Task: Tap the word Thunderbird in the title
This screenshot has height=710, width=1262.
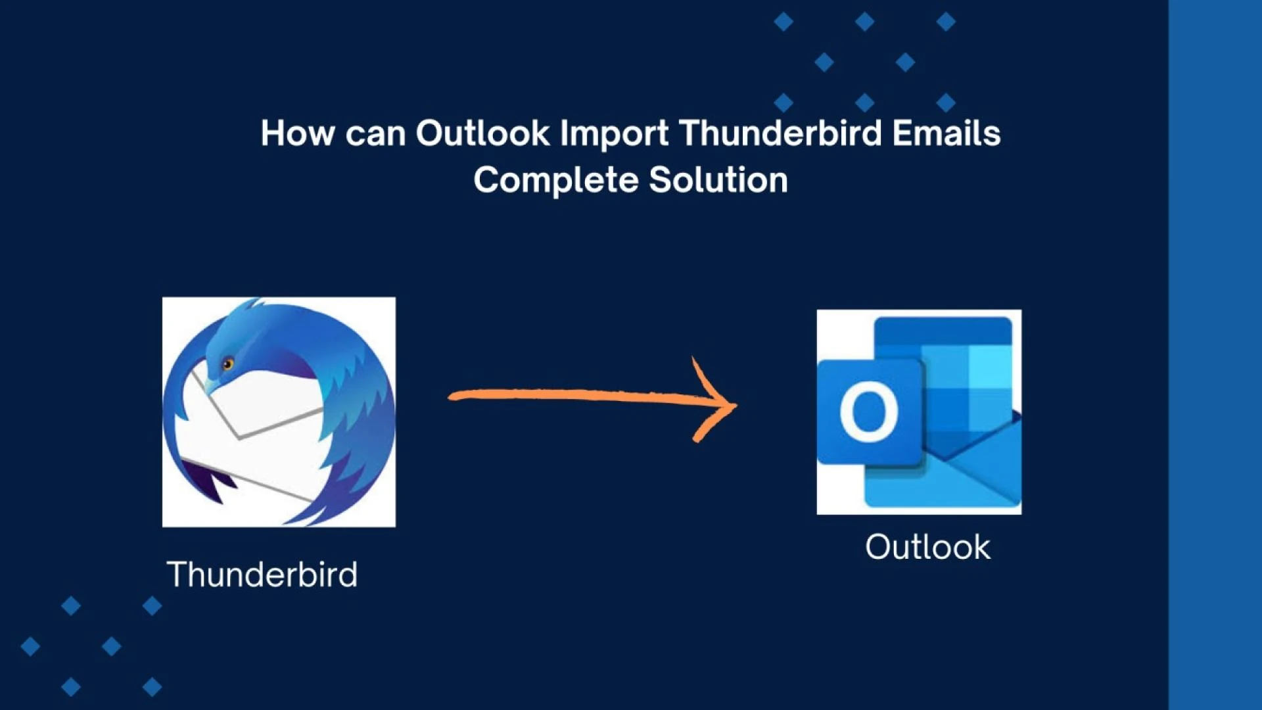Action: (780, 133)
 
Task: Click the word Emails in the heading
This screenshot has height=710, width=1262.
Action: (946, 133)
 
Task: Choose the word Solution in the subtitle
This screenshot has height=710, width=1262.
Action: (718, 180)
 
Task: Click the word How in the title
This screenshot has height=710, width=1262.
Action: (297, 133)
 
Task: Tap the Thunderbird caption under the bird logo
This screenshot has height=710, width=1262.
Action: (262, 575)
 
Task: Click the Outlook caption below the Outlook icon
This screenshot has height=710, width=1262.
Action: (927, 547)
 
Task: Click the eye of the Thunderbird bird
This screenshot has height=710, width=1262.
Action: (227, 364)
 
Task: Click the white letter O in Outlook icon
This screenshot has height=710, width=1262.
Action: (869, 412)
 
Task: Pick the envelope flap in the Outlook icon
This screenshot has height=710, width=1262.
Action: (979, 460)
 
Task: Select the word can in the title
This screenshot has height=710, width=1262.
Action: (375, 133)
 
